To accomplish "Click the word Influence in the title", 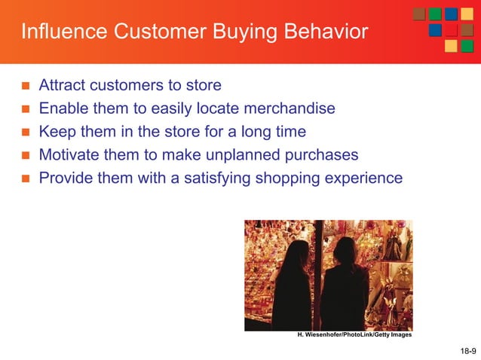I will [x=56, y=33].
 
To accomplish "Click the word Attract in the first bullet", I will [x=63, y=84].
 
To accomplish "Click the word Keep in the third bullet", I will [x=56, y=132].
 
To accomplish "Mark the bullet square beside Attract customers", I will [x=24, y=85].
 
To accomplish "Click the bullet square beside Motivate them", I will [x=24, y=156].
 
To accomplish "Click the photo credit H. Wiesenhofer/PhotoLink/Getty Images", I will [x=354, y=335].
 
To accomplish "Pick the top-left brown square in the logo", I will [x=419, y=14].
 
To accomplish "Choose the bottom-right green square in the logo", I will [x=467, y=46].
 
